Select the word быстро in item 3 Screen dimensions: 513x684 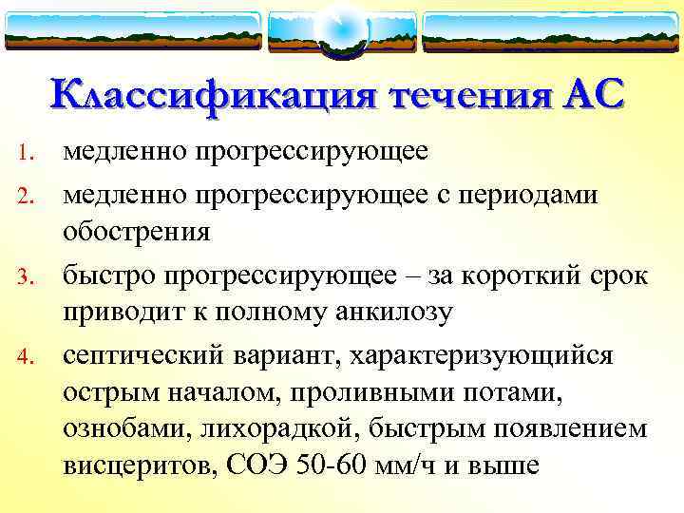[x=110, y=275]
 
